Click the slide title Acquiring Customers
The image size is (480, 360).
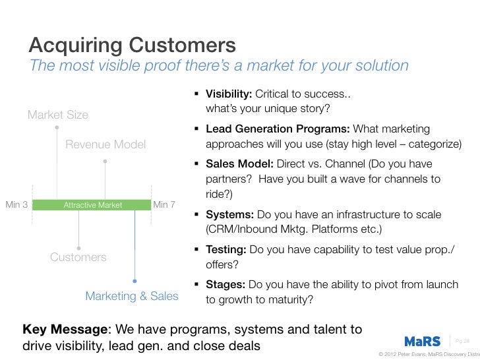point(132,45)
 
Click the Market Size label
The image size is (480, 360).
point(57,115)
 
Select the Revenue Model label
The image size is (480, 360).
point(105,144)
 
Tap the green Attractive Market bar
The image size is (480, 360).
point(92,205)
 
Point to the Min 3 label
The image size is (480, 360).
point(16,204)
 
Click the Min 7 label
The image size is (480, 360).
point(164,204)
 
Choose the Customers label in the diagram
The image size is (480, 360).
point(78,257)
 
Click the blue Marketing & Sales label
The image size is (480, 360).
point(132,296)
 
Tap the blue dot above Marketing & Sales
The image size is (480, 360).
point(135,280)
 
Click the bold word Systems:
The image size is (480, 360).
point(229,215)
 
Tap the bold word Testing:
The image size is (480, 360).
point(227,251)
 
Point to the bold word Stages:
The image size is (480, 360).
point(227,285)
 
